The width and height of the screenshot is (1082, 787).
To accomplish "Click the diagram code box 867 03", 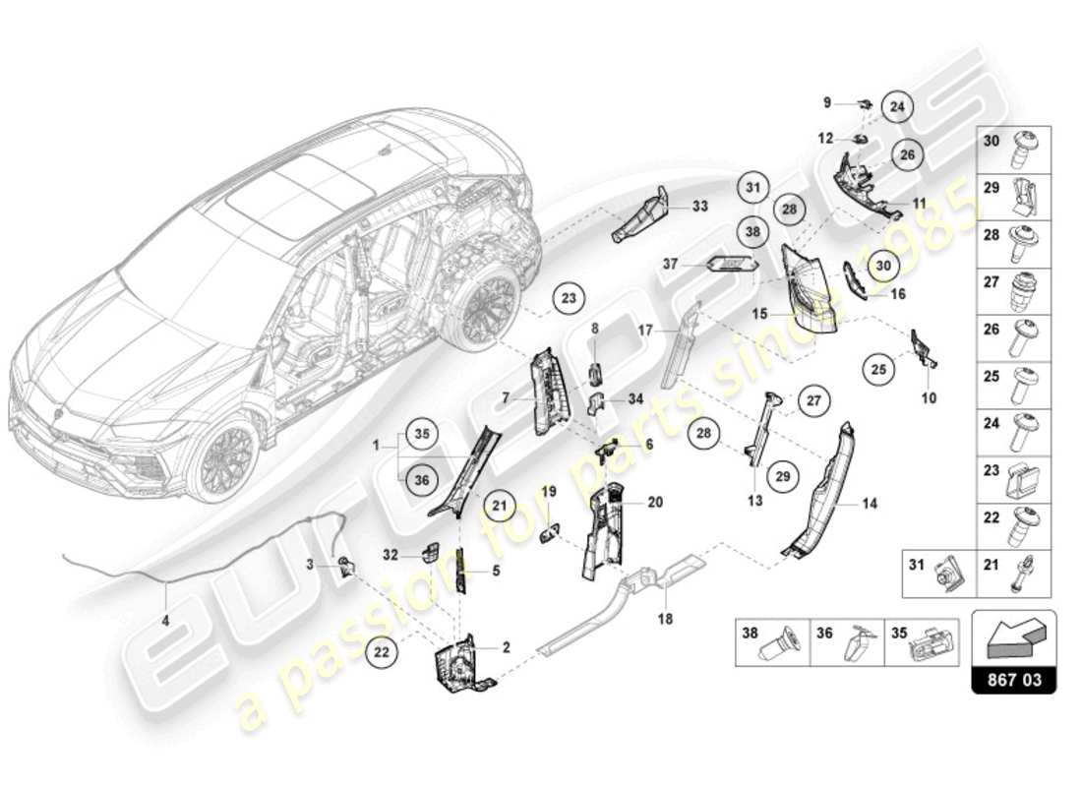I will coord(1013,679).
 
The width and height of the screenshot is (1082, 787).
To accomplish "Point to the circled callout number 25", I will coord(880,370).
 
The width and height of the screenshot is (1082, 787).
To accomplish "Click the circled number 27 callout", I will coord(813,399).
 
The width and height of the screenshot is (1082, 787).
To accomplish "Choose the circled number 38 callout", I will coord(752,232).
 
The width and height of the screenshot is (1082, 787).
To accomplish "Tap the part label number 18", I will coord(666,620).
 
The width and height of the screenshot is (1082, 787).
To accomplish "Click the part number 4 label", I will coord(165,621).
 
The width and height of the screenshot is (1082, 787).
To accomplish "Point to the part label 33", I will coord(699,207).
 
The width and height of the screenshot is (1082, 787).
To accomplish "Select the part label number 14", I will coord(870,504).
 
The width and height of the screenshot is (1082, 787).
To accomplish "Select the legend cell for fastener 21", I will coord(1012,574).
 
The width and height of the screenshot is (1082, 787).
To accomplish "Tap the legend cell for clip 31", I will coord(939,574).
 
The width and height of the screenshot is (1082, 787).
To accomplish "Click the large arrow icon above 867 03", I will coord(1013,637).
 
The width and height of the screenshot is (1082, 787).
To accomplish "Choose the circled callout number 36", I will coord(421,480).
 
